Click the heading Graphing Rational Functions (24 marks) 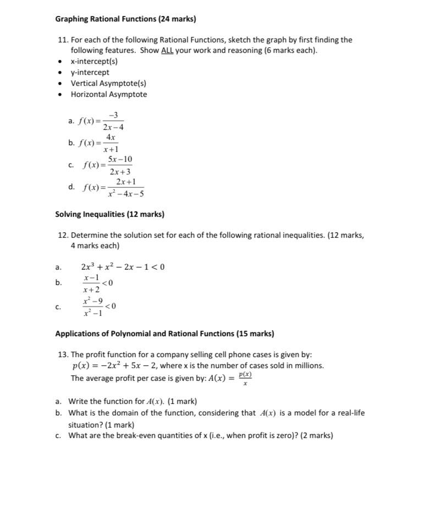[125, 19]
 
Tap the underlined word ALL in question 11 [167, 51]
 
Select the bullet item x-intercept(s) [94, 62]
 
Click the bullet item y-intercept [90, 73]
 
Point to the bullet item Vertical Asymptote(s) [108, 84]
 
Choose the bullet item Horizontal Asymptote [109, 95]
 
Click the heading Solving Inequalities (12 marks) [109, 214]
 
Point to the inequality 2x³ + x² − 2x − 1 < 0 [123, 267]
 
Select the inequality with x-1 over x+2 [97, 283]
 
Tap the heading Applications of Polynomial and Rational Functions [164, 333]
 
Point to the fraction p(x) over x [245, 378]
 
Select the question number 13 [63, 355]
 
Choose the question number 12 [63, 235]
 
